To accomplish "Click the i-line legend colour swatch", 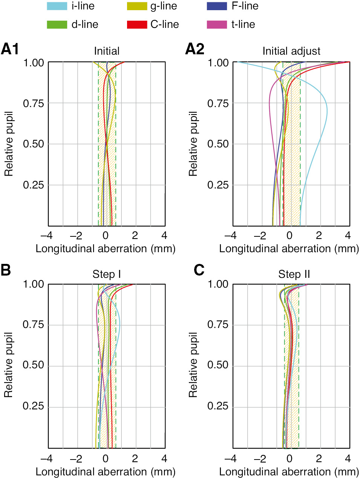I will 57,6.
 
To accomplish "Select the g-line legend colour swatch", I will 137,6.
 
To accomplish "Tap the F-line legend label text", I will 245,6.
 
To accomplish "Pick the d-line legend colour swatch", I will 57,25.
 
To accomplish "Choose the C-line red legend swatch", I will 137,25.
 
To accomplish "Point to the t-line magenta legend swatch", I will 217,25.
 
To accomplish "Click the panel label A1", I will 10,49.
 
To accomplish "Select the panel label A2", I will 195,49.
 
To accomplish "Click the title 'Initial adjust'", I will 291,51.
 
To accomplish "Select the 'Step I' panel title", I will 107,274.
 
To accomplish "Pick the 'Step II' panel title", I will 294,274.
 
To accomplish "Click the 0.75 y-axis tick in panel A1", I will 34,103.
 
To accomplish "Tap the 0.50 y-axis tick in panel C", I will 218,365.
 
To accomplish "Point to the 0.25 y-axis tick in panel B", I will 34,406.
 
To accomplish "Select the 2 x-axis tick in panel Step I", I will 135,459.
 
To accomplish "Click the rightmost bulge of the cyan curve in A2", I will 327,112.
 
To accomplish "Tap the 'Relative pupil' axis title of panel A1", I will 9,144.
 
